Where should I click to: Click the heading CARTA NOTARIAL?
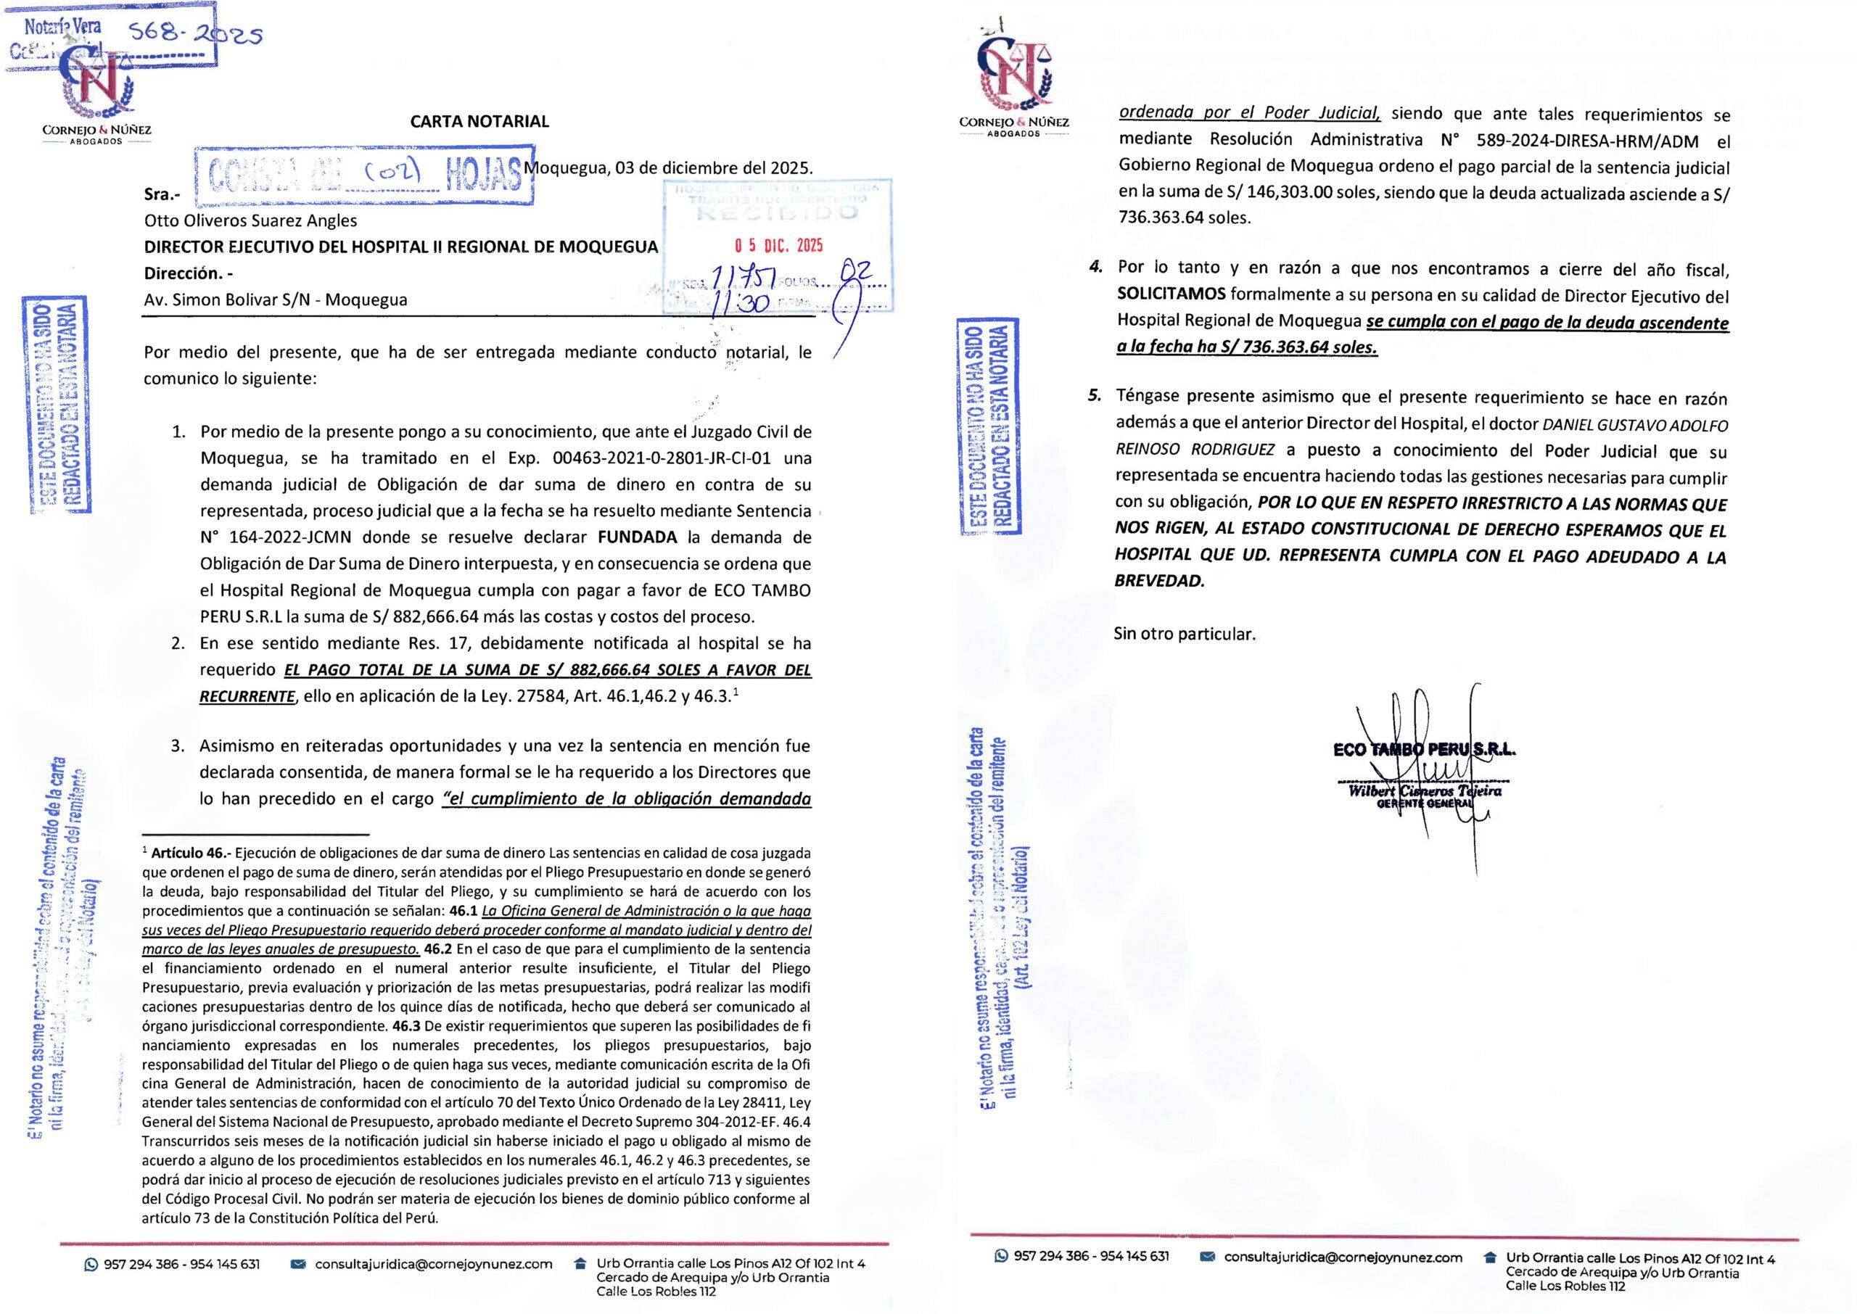tap(479, 121)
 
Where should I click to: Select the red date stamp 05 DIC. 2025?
tap(778, 245)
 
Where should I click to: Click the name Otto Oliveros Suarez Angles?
tap(250, 220)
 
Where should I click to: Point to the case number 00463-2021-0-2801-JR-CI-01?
tap(661, 459)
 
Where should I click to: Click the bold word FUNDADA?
tap(637, 538)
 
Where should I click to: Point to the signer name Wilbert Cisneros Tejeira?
tap(1424, 790)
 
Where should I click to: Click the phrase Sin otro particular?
tap(1184, 634)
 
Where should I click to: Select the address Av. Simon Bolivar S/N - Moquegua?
tap(275, 300)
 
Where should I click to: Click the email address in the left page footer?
tap(433, 1264)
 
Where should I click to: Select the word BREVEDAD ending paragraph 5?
tap(1158, 581)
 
